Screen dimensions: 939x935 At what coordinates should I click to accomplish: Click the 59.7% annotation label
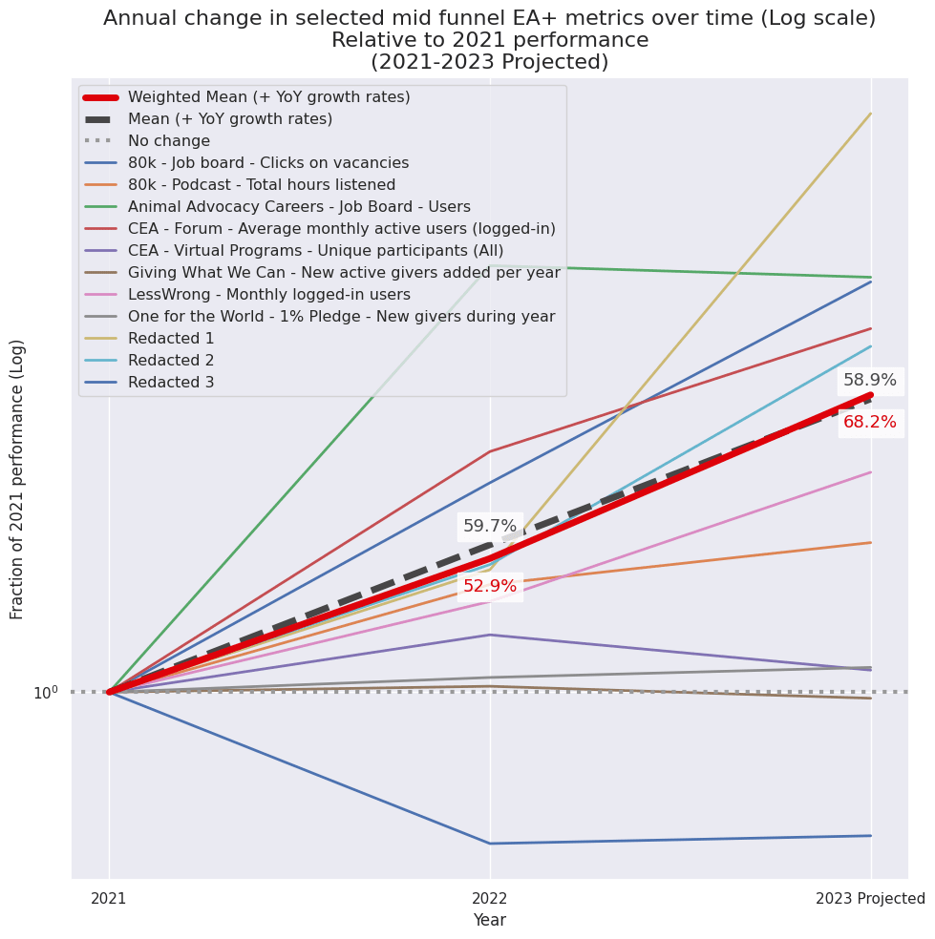click(489, 526)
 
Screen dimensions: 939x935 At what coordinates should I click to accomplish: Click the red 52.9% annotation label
click(489, 586)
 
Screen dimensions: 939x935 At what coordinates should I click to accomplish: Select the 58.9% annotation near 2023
click(869, 380)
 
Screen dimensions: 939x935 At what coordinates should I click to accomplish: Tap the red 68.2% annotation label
click(869, 422)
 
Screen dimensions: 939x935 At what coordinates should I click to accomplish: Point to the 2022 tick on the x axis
click(490, 898)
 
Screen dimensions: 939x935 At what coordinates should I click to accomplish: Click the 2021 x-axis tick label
click(109, 898)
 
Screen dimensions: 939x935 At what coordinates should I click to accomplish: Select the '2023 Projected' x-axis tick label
click(869, 898)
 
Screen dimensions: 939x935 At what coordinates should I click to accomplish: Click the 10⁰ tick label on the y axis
click(46, 692)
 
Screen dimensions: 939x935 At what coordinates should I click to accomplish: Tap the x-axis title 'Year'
click(490, 920)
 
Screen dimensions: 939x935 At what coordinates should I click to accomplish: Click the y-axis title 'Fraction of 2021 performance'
click(18, 478)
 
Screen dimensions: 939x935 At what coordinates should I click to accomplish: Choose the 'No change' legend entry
click(168, 140)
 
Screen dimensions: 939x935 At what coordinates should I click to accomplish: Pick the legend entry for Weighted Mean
click(268, 96)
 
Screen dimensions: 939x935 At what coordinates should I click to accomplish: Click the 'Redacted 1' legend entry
click(171, 338)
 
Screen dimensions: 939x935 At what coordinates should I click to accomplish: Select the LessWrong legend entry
click(268, 294)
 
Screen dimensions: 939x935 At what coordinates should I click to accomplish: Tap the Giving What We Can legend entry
click(344, 272)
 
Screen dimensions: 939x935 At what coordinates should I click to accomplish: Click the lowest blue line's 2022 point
click(490, 844)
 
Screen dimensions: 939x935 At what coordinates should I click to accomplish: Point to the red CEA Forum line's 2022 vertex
click(490, 451)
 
